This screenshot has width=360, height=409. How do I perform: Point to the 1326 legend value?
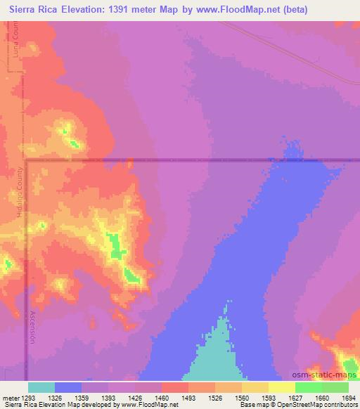click(68, 397)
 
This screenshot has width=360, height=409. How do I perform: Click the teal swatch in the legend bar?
click(41, 387)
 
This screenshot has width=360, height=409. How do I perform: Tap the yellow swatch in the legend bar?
click(282, 387)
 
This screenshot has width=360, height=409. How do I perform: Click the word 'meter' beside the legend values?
click(11, 397)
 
